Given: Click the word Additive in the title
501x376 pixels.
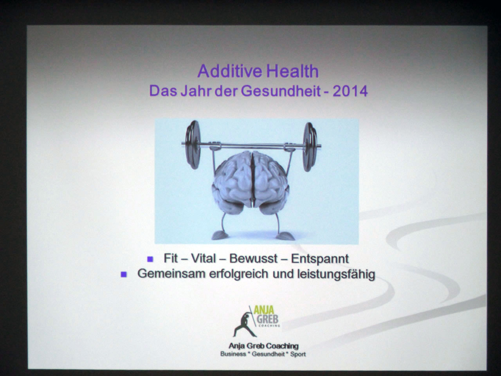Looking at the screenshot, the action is click(x=230, y=71).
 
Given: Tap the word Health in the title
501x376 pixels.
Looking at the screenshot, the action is click(x=293, y=71).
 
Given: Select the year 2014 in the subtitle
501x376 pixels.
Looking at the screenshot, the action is click(x=350, y=91).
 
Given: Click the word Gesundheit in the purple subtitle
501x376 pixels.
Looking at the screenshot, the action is click(x=281, y=91).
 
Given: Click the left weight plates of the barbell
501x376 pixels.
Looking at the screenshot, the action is click(x=193, y=145).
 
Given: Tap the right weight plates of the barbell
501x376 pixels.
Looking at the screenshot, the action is click(x=310, y=146).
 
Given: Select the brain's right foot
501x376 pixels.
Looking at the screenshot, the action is click(x=285, y=236).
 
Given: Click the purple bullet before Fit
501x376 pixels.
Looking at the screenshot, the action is click(x=150, y=259).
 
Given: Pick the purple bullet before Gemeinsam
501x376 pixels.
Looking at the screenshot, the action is click(x=123, y=274).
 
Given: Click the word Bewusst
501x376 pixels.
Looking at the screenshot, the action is click(x=254, y=258).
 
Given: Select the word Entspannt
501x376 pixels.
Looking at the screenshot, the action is click(x=320, y=259).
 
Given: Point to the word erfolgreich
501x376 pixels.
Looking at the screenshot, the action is click(x=238, y=274).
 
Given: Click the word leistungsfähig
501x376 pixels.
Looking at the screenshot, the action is click(x=336, y=274).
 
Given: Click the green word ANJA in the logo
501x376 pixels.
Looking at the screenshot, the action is click(x=264, y=310).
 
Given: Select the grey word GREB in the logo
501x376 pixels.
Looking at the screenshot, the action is click(x=267, y=319).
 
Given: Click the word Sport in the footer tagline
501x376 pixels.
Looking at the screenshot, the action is click(x=298, y=354).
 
